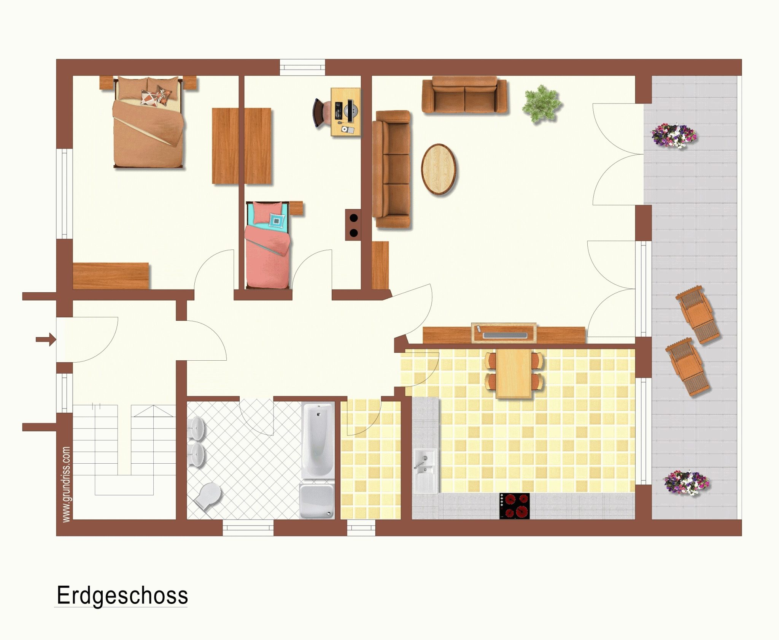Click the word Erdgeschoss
point(122,596)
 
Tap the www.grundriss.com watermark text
point(66,484)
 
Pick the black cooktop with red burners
point(515,506)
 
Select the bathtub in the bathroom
point(318,440)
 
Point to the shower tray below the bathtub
point(317,501)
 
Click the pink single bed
point(268,245)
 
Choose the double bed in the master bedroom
point(148,122)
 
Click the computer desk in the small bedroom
point(345,112)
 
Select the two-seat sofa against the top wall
point(464,95)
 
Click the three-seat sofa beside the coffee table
point(391,170)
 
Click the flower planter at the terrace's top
point(674,135)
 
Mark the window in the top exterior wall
point(303,67)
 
